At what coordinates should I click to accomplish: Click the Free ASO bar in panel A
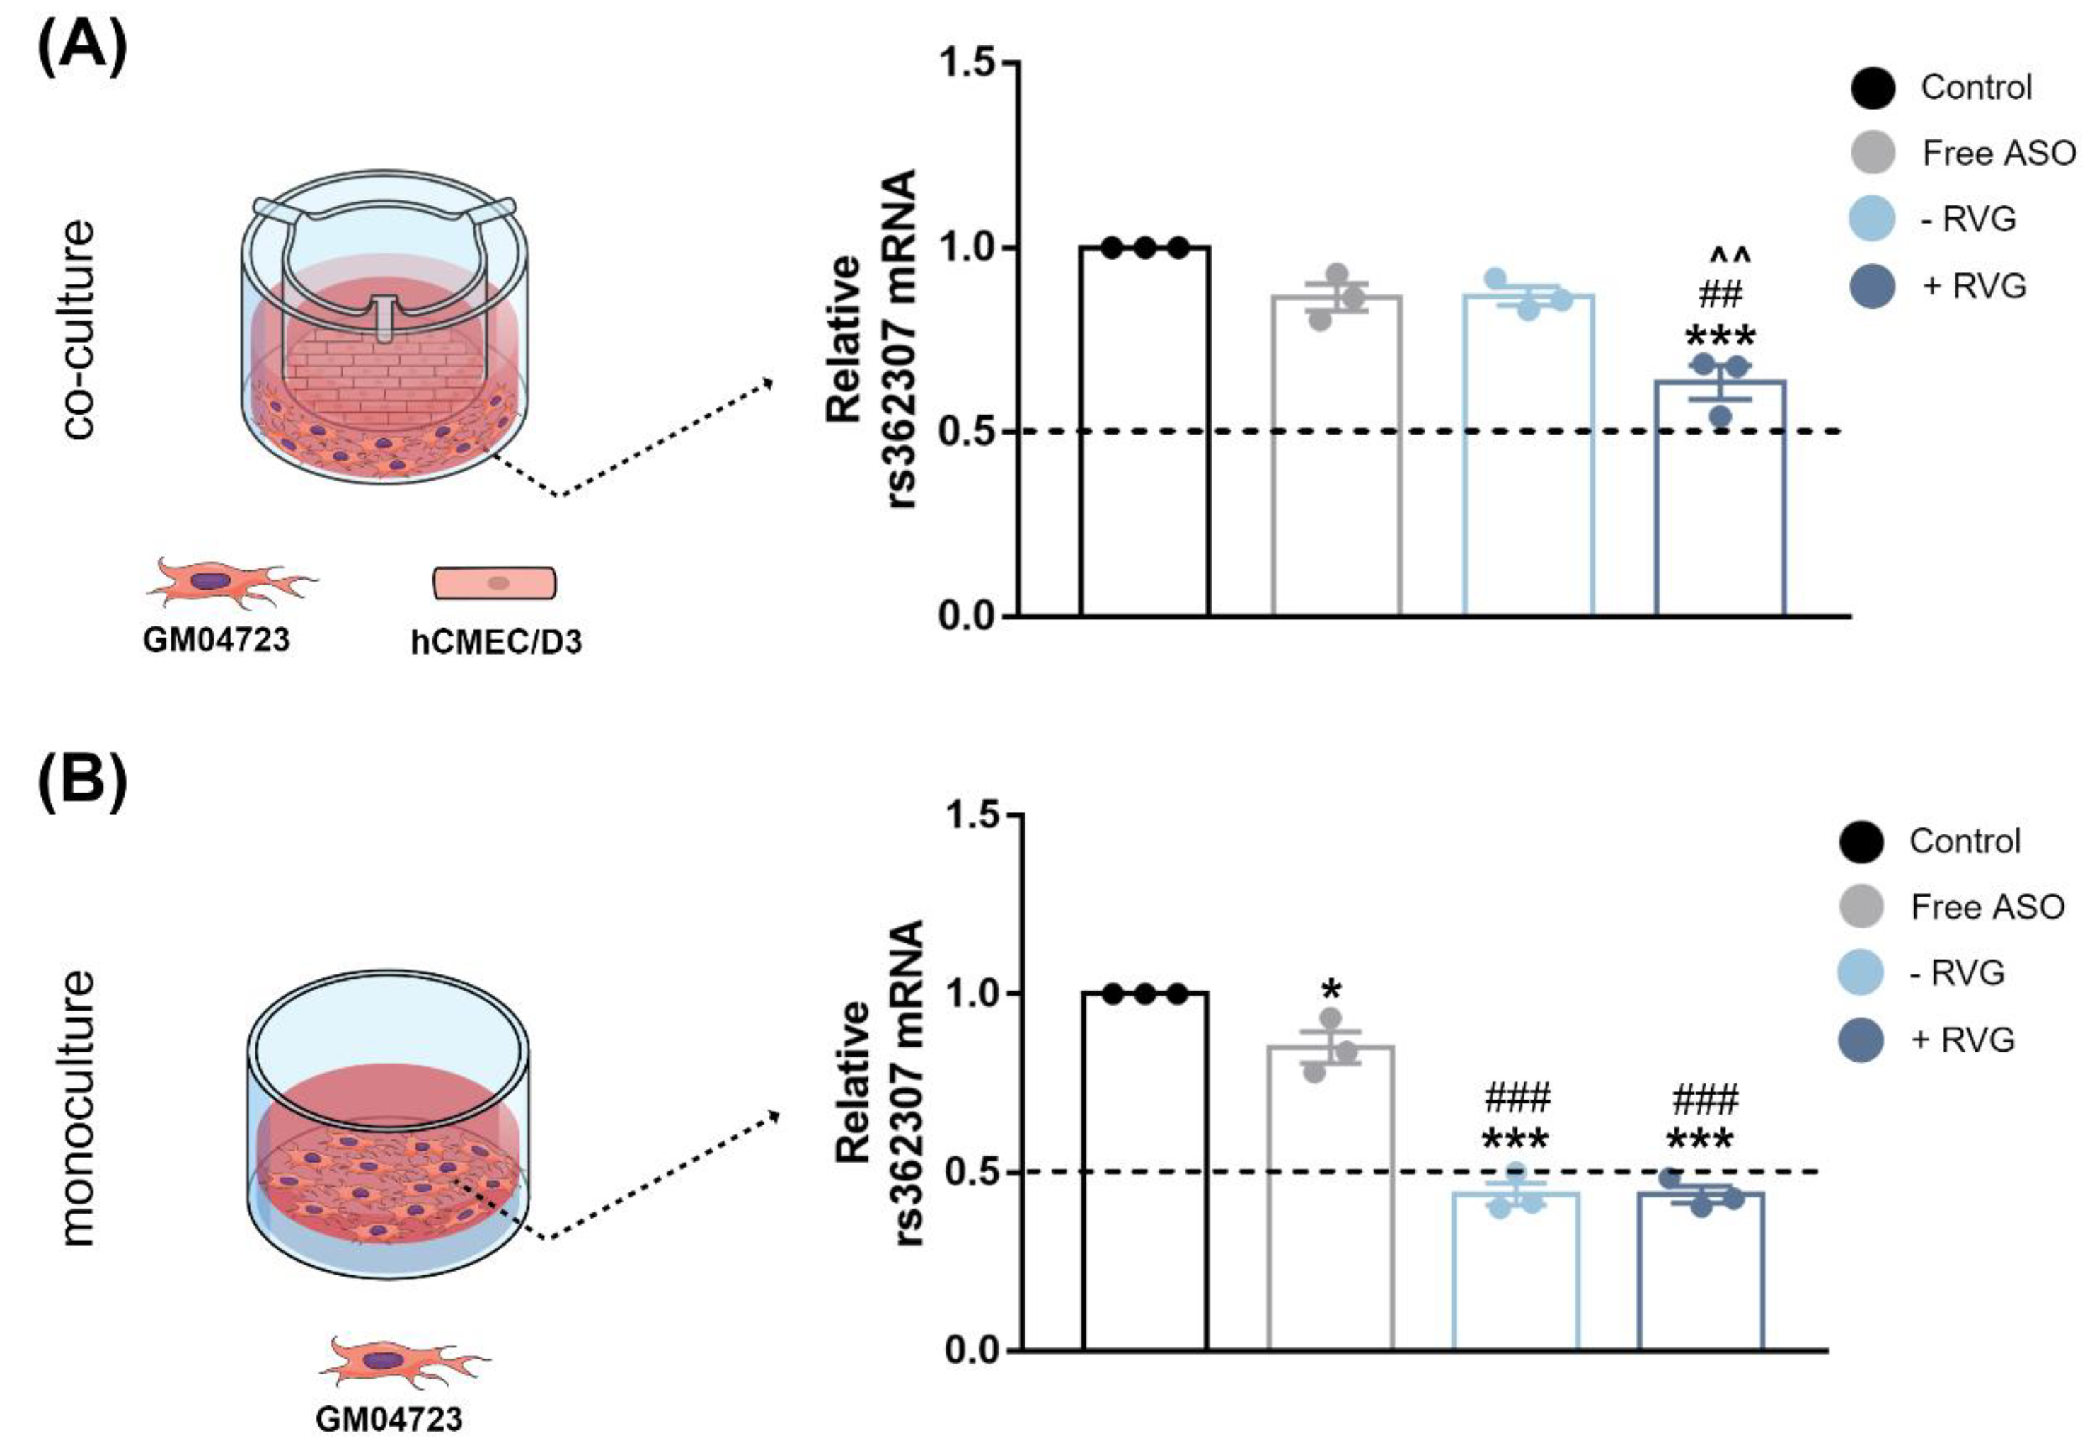tap(1337, 456)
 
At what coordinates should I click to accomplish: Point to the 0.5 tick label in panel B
tap(973, 1171)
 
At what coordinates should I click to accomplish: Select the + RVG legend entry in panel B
tap(1960, 1040)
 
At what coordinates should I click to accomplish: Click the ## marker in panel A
tap(1720, 294)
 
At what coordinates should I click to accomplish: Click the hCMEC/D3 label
tap(496, 643)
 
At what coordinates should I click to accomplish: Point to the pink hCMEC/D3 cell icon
tap(494, 583)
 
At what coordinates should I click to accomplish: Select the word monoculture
tap(79, 1108)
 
